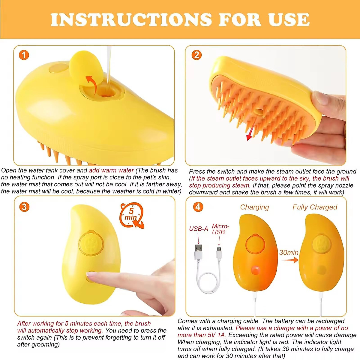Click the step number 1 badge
coord(24,55)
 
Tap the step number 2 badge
coord(196,55)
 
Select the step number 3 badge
coord(24,207)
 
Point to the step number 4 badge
coord(198,207)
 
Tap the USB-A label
coord(198,229)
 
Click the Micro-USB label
coord(220,229)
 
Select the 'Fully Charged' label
coord(315,207)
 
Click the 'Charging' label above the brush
coord(254,207)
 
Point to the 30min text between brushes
coord(289,253)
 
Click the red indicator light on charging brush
coord(255,270)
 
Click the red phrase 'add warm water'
coord(111,170)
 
